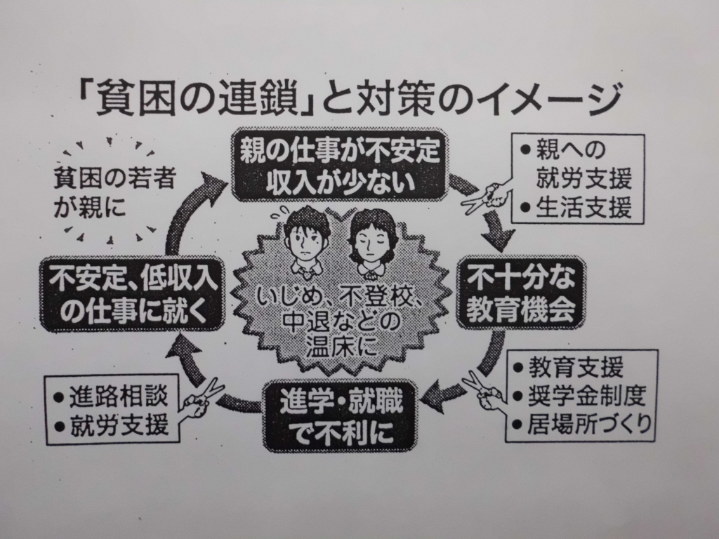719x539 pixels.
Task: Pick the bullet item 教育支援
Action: pos(576,368)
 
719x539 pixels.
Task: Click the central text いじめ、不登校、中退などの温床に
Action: pos(340,319)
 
